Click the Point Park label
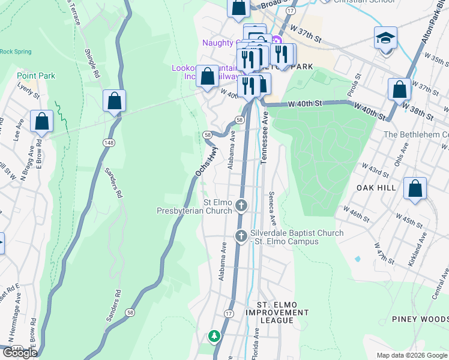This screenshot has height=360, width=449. [36, 76]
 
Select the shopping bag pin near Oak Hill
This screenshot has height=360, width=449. [415, 188]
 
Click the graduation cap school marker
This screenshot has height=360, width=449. [385, 39]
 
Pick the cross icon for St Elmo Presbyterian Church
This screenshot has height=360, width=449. [241, 206]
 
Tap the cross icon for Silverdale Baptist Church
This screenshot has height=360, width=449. [241, 236]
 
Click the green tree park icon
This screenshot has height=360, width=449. [214, 337]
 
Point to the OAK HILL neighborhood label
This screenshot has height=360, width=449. [374, 188]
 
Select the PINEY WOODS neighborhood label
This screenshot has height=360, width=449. [420, 319]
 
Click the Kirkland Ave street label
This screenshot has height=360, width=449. [419, 247]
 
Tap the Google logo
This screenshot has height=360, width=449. [20, 353]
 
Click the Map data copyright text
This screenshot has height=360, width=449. [412, 355]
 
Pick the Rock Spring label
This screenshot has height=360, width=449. [16, 52]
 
